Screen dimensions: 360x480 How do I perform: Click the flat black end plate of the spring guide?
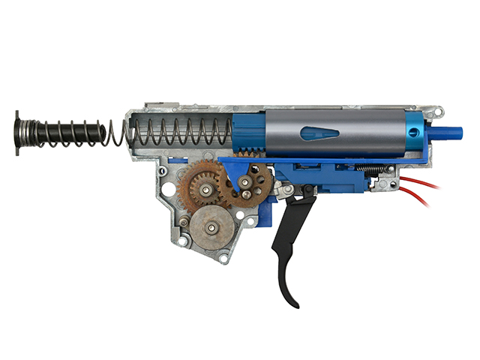coord(16,133)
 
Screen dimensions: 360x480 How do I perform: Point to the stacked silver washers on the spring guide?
coord(28,133)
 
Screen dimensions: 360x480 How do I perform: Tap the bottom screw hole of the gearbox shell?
coord(225,259)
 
